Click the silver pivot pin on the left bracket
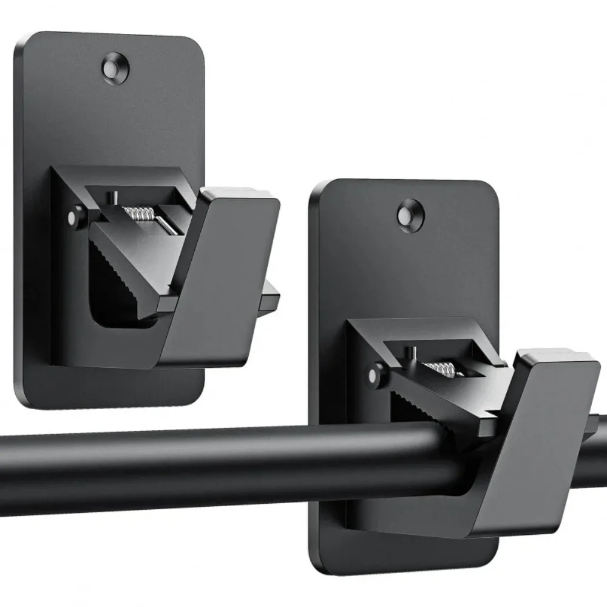click(75, 217)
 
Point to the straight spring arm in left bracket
click(166, 224)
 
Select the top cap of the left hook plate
click(240, 195)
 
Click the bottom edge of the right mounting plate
click(407, 572)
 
